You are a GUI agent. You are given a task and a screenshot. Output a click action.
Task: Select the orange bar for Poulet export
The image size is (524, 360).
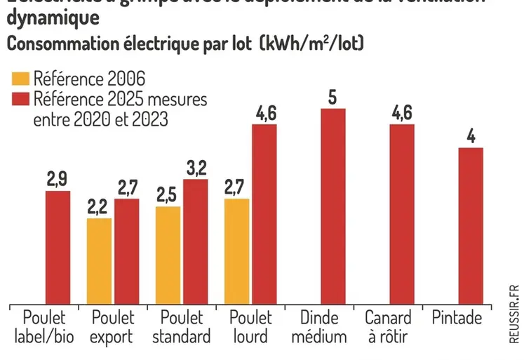click(99, 260)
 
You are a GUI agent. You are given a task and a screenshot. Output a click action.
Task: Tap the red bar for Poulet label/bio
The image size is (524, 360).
click(58, 246)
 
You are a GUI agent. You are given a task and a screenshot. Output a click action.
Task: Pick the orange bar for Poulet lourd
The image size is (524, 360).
click(236, 251)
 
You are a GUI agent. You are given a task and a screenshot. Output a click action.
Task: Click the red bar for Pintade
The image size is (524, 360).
click(471, 225)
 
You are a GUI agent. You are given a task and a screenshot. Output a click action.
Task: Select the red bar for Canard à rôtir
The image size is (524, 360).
click(402, 213)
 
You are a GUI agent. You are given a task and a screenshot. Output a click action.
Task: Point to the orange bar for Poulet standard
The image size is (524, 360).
click(168, 255)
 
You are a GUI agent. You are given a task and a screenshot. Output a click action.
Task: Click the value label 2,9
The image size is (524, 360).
click(58, 180)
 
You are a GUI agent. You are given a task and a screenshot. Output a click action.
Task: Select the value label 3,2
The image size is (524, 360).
click(195, 168)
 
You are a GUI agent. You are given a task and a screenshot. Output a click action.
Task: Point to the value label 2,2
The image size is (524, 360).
click(99, 207)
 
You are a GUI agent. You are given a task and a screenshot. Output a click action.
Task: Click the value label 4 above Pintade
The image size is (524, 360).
click(471, 136)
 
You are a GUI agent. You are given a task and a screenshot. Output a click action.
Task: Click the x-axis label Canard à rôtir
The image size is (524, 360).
click(389, 327)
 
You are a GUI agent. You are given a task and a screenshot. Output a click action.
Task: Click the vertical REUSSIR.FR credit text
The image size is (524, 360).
click(514, 314)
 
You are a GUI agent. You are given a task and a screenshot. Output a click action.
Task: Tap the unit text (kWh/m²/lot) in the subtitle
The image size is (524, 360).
click(311, 44)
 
